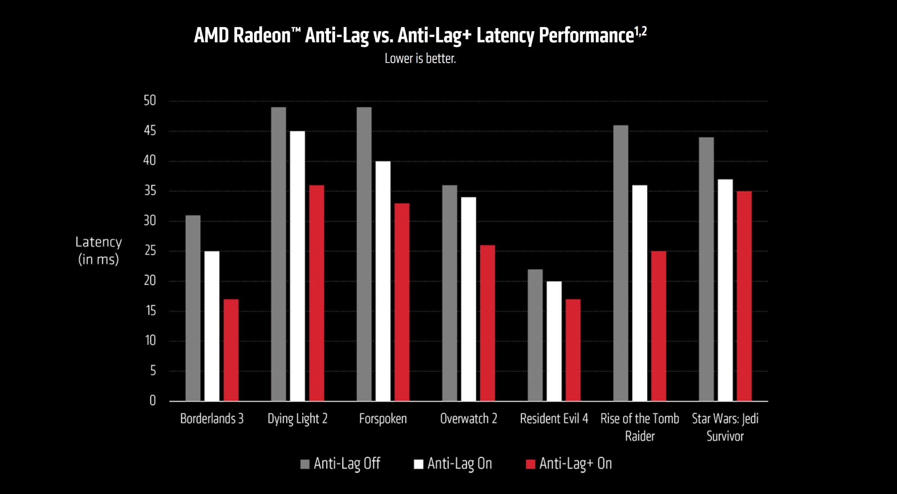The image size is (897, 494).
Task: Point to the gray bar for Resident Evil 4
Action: tap(535, 335)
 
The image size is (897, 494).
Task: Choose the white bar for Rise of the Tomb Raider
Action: tap(640, 293)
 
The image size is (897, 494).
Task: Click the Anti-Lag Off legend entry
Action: tap(340, 464)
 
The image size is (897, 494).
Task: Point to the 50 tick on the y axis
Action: tap(150, 101)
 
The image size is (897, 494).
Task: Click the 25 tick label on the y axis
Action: tap(150, 251)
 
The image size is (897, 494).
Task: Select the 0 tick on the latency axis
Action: tap(153, 401)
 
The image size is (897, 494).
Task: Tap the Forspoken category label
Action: tap(383, 419)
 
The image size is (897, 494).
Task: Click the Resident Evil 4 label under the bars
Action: tap(554, 419)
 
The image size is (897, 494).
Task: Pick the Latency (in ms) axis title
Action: tap(98, 250)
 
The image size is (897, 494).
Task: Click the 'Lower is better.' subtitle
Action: tap(420, 58)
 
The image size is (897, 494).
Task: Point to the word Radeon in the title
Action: tap(262, 35)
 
